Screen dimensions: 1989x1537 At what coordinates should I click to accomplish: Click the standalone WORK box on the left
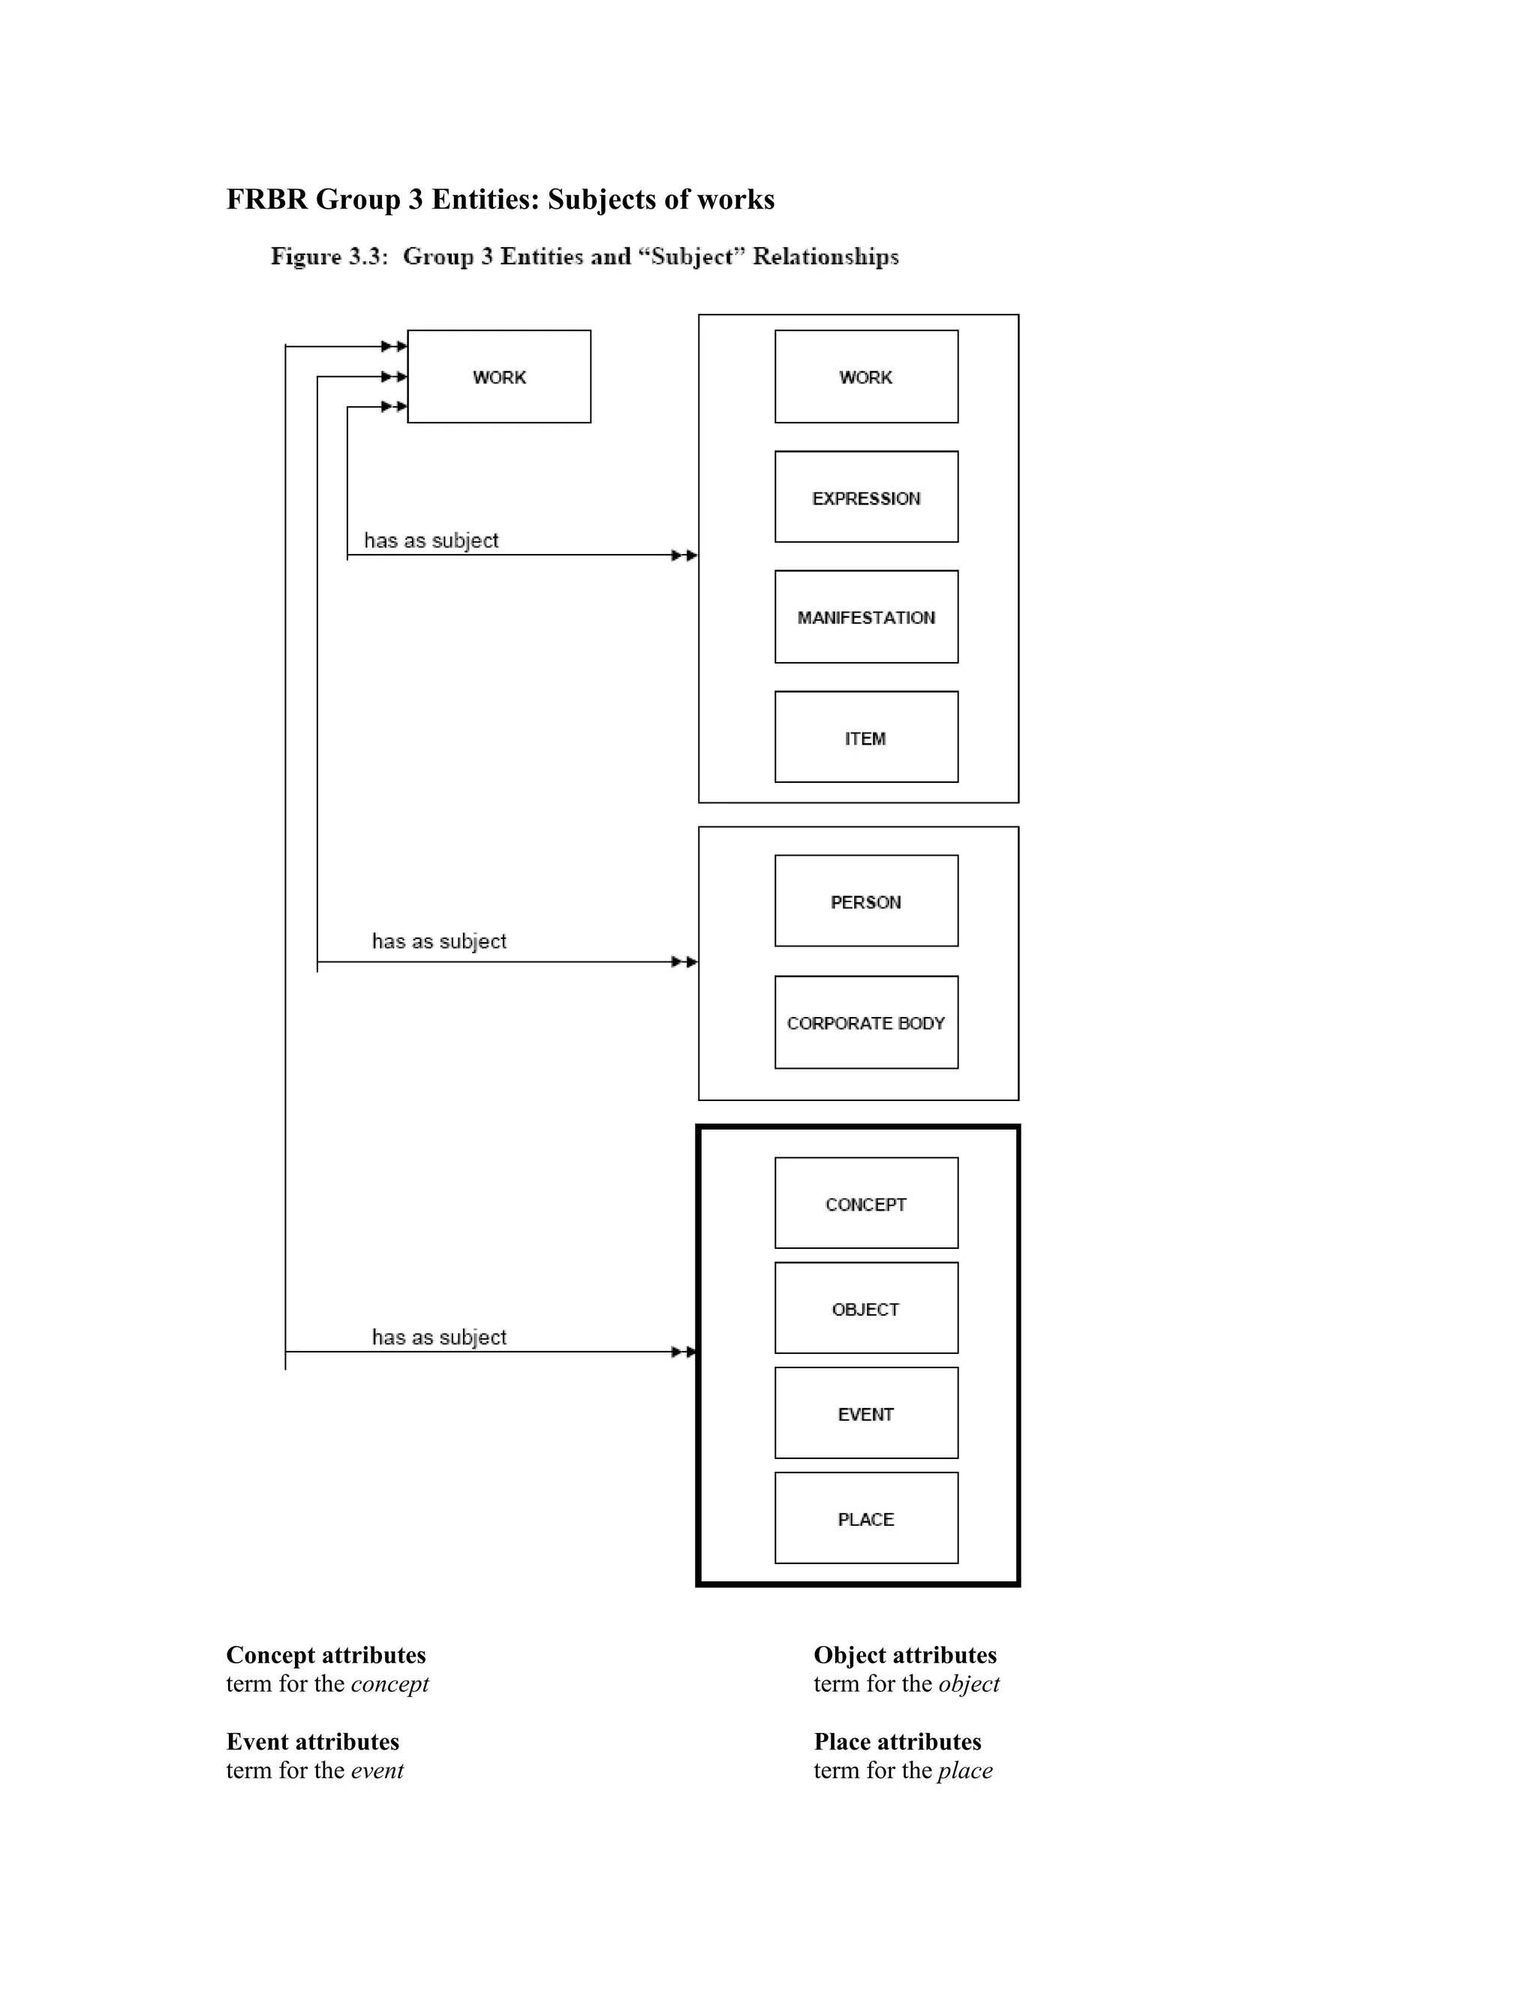[x=498, y=376]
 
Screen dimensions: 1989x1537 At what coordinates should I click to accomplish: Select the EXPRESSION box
[x=866, y=497]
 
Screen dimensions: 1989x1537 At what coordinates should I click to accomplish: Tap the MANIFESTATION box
[x=866, y=616]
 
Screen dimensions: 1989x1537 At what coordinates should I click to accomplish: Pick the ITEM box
[x=866, y=737]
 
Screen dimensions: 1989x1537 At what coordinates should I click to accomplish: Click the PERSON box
[x=866, y=901]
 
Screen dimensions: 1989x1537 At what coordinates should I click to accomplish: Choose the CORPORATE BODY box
[x=866, y=1022]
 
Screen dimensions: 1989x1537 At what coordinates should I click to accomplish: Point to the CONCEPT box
[x=866, y=1203]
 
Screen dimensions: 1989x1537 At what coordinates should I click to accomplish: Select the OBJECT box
[x=866, y=1307]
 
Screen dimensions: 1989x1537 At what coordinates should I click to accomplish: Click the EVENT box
[x=866, y=1413]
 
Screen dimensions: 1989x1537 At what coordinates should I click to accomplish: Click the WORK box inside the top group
[x=866, y=376]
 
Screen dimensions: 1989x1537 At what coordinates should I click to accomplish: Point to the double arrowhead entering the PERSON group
[x=684, y=961]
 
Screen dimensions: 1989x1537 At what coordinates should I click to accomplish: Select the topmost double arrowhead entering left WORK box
[x=393, y=346]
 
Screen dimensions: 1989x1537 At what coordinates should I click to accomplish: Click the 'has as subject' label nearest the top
[x=431, y=540]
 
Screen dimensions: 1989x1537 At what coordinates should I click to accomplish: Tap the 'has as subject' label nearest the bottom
[x=439, y=1337]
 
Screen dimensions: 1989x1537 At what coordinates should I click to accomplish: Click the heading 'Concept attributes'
[x=326, y=1655]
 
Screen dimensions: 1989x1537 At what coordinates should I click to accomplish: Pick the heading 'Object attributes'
[x=905, y=1655]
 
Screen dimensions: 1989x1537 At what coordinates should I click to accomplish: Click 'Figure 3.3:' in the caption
[x=329, y=257]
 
